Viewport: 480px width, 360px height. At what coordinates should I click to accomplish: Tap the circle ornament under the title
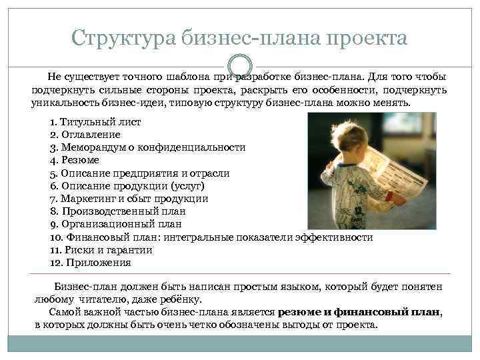[x=239, y=67]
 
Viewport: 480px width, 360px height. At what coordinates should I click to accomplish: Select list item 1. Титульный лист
[x=95, y=123]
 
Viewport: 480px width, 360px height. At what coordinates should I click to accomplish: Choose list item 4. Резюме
[x=75, y=161]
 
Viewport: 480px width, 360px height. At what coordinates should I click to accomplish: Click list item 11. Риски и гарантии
[x=101, y=250]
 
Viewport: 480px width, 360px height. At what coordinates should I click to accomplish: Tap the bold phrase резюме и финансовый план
[x=359, y=312]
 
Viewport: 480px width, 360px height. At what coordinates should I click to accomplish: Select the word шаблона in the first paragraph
[x=175, y=78]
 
